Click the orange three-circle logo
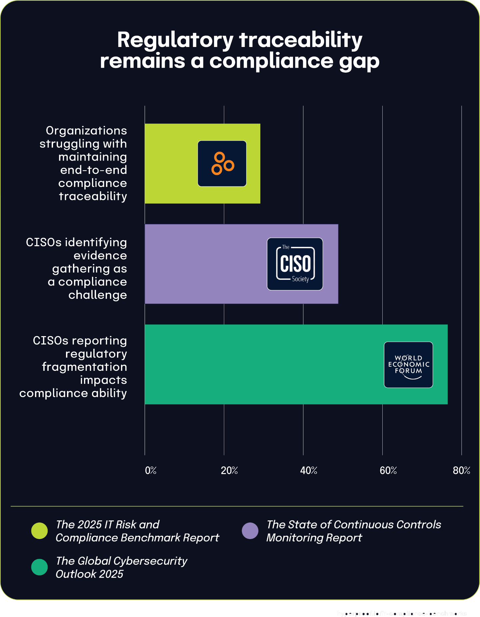(x=222, y=164)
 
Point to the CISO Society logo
(x=295, y=264)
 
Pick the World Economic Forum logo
(x=408, y=365)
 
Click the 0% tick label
(x=151, y=470)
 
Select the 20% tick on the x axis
(x=229, y=470)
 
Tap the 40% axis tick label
(x=309, y=470)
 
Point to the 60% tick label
(x=388, y=470)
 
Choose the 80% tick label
(x=461, y=470)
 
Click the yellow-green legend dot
(x=39, y=531)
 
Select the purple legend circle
(x=250, y=531)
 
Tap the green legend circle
(x=39, y=567)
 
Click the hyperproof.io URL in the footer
(x=402, y=613)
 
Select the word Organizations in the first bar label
(x=86, y=131)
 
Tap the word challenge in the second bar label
(x=98, y=295)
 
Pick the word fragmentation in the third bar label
(x=84, y=367)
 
